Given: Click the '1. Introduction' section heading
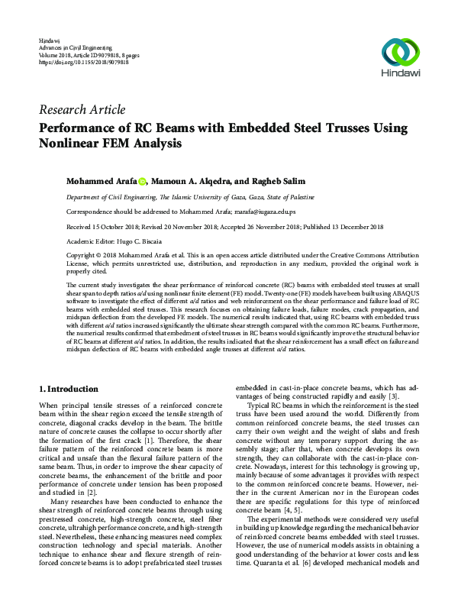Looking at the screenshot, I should coord(68,389).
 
